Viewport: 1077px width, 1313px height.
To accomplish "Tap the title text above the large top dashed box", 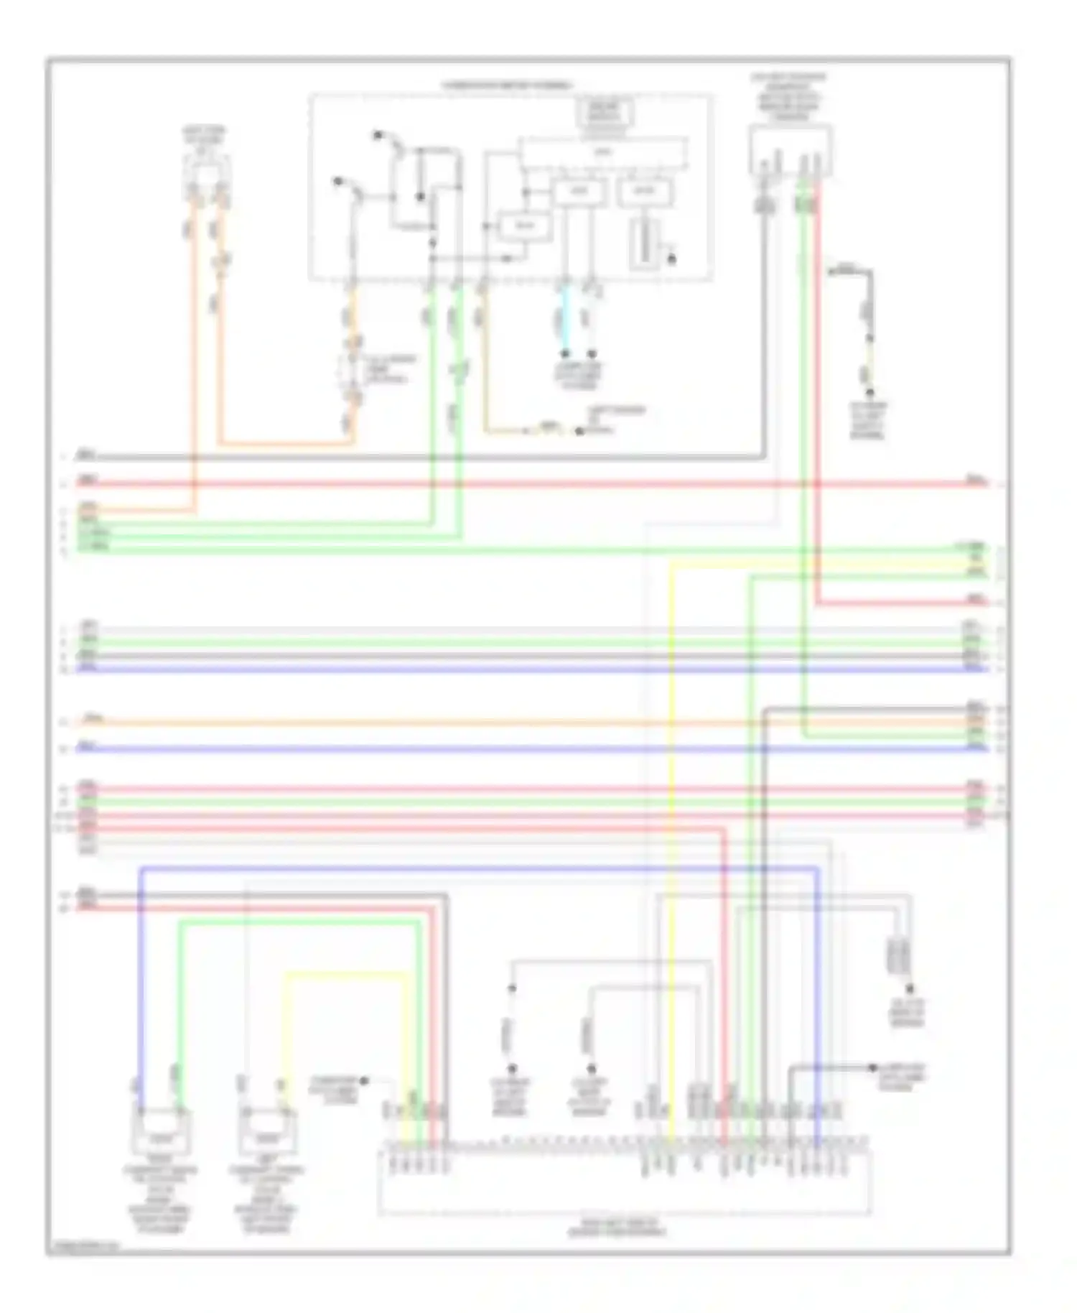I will click(507, 85).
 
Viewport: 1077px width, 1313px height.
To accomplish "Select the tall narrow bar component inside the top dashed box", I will click(644, 244).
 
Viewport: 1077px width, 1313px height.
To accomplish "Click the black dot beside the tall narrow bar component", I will click(672, 259).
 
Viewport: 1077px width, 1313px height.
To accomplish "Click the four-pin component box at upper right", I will click(790, 149).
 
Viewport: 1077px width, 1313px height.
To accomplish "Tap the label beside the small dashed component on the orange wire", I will click(388, 369).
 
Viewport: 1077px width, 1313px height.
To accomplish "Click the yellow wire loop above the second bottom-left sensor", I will click(345, 975).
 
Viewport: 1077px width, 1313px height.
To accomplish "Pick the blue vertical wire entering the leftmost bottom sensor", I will click(141, 991).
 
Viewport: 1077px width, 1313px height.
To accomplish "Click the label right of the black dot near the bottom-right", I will click(902, 1076).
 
